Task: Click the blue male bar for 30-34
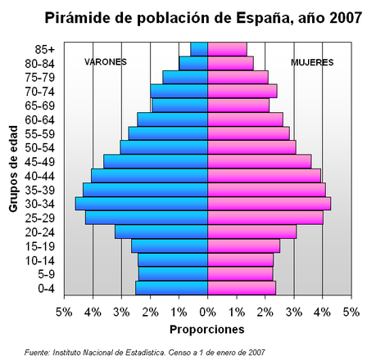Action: (x=141, y=203)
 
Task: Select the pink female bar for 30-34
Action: (x=269, y=203)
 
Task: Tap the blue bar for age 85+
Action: (x=199, y=48)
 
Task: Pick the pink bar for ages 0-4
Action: (x=241, y=287)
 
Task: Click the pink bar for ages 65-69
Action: (x=238, y=105)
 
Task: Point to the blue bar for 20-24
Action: (x=161, y=232)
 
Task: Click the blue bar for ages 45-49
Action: (x=156, y=161)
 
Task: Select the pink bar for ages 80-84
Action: (x=230, y=62)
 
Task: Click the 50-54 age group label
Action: (x=40, y=147)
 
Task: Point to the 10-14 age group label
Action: (x=40, y=259)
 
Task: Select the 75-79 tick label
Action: (x=40, y=77)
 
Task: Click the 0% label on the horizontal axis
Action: (x=207, y=313)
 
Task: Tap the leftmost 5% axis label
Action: (x=63, y=313)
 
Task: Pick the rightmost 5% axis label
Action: (x=351, y=313)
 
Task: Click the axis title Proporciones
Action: (x=206, y=330)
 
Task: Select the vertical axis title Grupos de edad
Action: (x=14, y=169)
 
